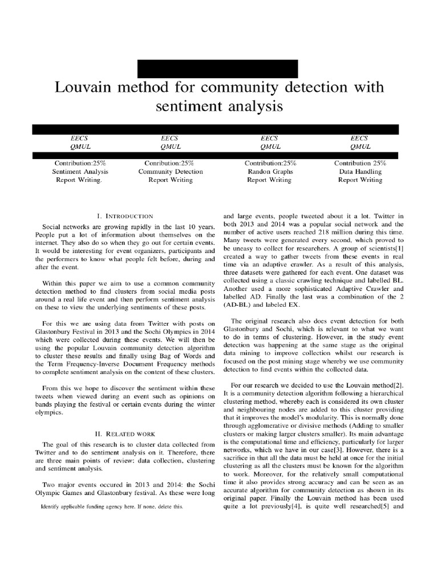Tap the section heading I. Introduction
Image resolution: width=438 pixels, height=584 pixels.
pyautogui.click(x=125, y=216)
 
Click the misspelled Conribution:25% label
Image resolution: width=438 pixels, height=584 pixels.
pyautogui.click(x=170, y=163)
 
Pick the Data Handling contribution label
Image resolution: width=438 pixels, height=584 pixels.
pyautogui.click(x=360, y=172)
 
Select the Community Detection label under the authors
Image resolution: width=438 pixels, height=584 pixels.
pyautogui.click(x=170, y=172)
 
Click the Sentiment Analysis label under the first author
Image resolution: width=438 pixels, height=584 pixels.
pyautogui.click(x=79, y=172)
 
